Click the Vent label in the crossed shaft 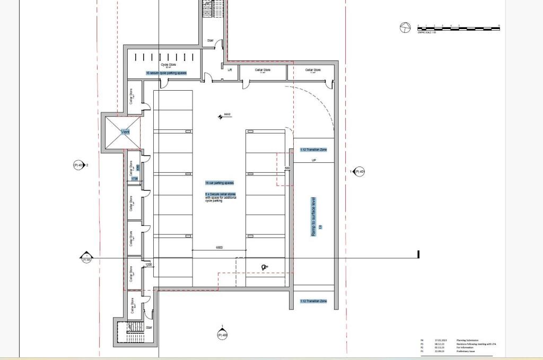(x=125, y=132)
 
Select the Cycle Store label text (x=168, y=65)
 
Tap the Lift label (x=230, y=69)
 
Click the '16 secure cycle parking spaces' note (x=166, y=73)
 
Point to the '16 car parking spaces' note (x=220, y=183)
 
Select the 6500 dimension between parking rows (x=219, y=248)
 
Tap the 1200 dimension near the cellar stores (x=148, y=264)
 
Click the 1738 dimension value (x=135, y=179)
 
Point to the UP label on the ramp (x=313, y=160)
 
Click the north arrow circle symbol (x=405, y=28)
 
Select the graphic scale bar (x=458, y=28)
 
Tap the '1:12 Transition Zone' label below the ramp (x=313, y=301)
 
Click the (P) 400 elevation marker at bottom (x=222, y=335)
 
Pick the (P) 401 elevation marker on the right (x=359, y=171)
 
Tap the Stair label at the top (x=210, y=40)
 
